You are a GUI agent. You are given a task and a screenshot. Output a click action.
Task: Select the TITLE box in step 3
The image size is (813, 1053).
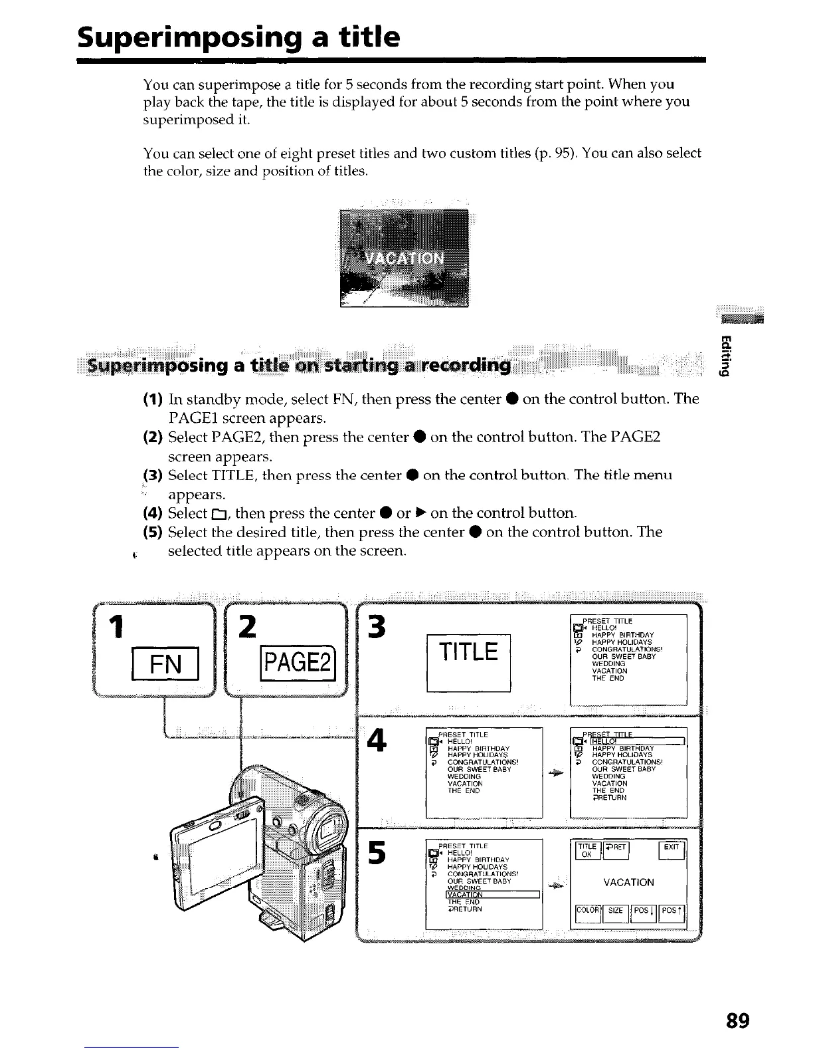468,653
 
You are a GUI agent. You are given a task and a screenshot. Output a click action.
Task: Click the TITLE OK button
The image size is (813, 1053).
586,850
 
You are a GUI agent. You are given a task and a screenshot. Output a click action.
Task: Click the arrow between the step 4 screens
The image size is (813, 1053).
556,773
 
